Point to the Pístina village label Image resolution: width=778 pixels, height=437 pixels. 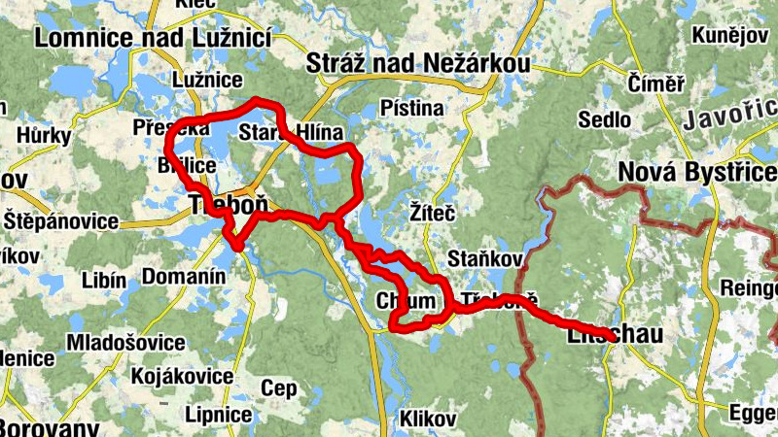(411, 107)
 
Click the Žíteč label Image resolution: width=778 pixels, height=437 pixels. (433, 211)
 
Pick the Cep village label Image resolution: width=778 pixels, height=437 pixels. (279, 388)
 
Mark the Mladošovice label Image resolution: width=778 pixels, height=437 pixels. (125, 343)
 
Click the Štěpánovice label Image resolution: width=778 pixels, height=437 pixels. (60, 220)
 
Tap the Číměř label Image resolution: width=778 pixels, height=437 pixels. (656, 83)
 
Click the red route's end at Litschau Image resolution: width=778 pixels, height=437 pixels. (609, 336)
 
